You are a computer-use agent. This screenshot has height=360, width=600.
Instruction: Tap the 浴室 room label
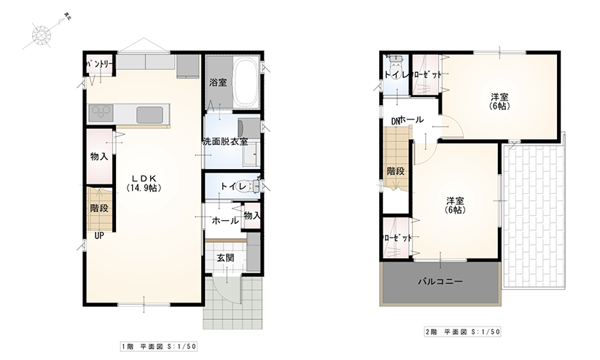tap(217, 82)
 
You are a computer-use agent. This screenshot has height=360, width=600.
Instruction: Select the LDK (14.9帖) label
tap(143, 182)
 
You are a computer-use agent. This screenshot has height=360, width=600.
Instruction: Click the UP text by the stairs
tap(98, 236)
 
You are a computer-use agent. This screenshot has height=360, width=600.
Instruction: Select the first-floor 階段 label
tap(99, 208)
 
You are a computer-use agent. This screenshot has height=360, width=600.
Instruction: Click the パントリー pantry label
tap(99, 65)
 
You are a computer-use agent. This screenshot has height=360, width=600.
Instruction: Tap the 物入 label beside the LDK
tap(99, 156)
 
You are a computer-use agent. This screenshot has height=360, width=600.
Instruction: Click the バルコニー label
tap(440, 281)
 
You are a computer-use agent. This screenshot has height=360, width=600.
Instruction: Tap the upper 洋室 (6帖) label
tap(499, 101)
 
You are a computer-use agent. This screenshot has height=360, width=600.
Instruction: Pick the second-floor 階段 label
tap(396, 171)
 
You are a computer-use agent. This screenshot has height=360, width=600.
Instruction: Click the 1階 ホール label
tap(224, 220)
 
